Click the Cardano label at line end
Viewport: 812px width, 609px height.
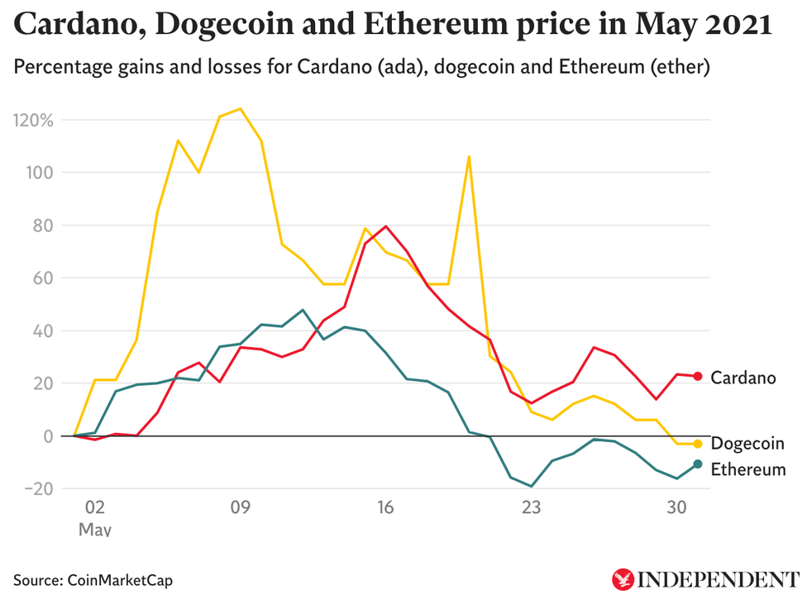tap(743, 378)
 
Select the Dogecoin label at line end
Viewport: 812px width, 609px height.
tap(748, 445)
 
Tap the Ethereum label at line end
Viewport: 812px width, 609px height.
tap(748, 469)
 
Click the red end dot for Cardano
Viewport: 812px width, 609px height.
tap(698, 377)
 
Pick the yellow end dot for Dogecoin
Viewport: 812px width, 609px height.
tap(698, 444)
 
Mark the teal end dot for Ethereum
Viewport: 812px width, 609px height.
tap(698, 464)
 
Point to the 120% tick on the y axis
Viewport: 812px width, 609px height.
tap(33, 120)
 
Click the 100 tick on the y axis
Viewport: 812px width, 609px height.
tap(39, 173)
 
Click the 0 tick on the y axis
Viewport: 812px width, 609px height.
tap(48, 435)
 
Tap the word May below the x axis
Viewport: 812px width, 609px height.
tap(94, 529)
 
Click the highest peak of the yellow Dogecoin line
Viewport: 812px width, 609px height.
tap(240, 108)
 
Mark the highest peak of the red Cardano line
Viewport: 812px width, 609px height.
tap(385, 226)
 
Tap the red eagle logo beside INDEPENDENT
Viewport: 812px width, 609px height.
tap(622, 578)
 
